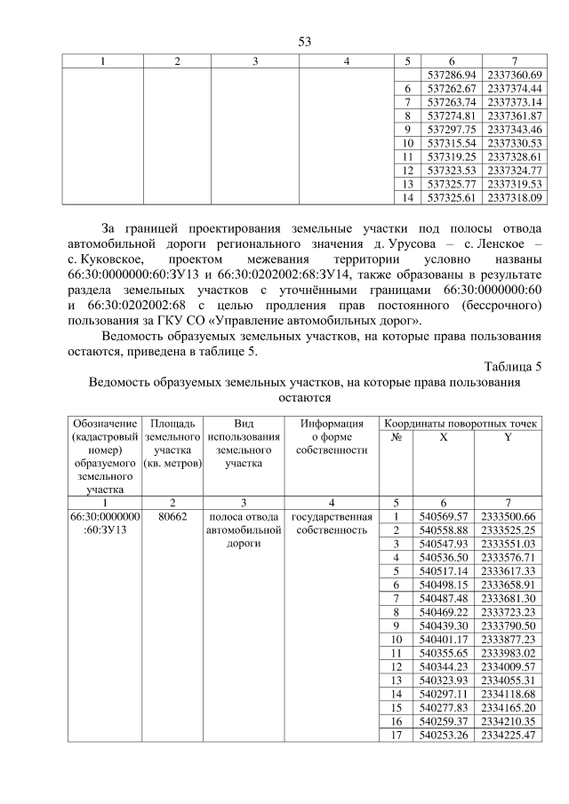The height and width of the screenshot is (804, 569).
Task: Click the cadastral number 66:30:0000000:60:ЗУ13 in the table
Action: [105, 523]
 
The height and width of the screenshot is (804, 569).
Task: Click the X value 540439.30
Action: [442, 624]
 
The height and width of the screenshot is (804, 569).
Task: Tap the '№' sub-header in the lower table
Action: [397, 437]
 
